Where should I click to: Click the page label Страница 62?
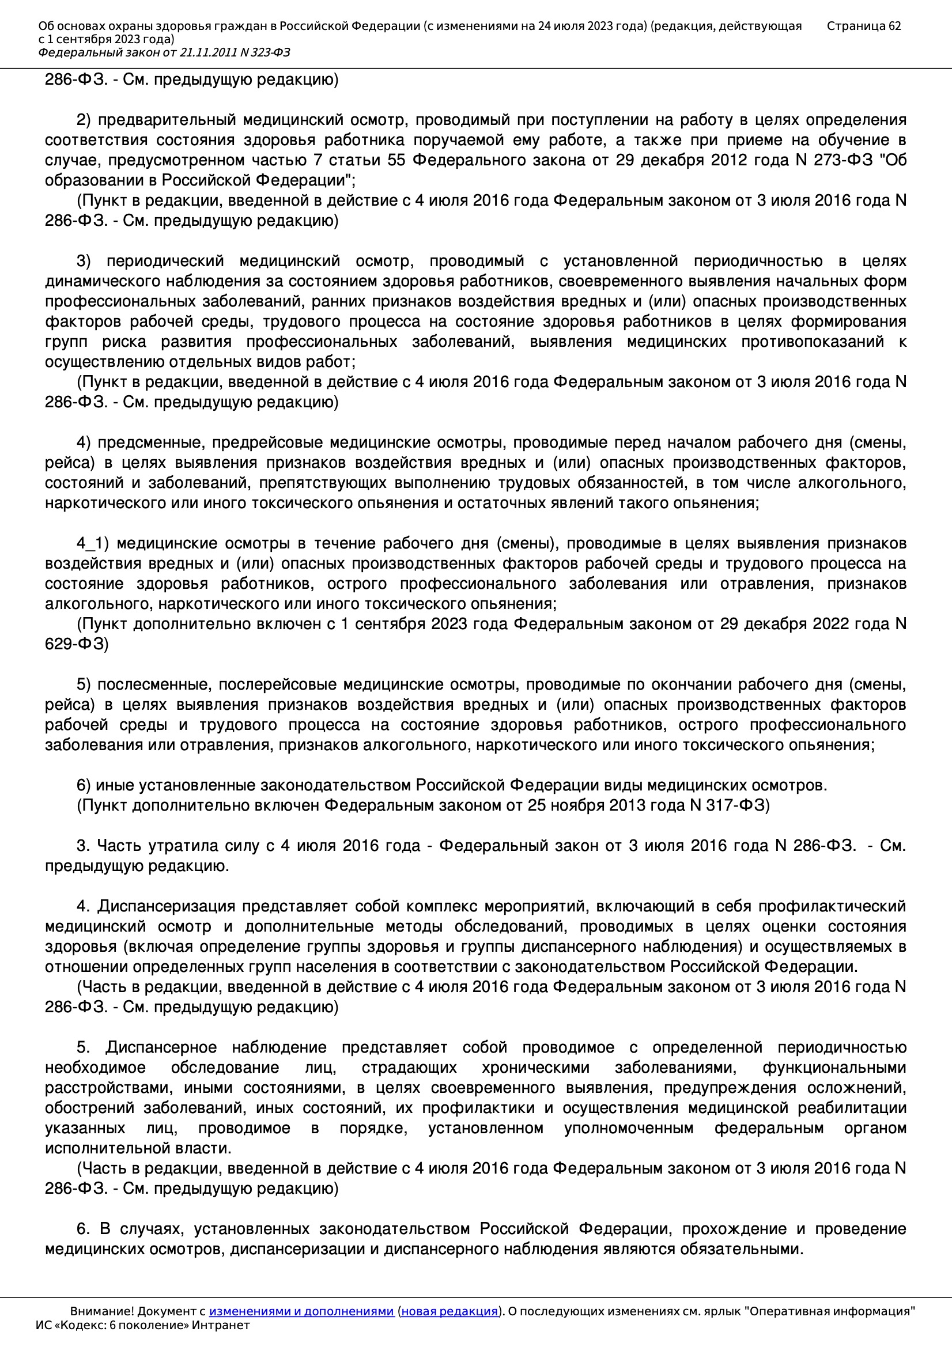pyautogui.click(x=863, y=26)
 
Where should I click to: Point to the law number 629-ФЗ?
pyautogui.click(x=76, y=644)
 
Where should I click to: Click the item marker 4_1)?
pyautogui.click(x=93, y=543)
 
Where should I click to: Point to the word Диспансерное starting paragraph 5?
pyautogui.click(x=161, y=1047)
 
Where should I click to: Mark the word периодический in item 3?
pyautogui.click(x=165, y=261)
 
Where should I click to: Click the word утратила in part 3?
pyautogui.click(x=183, y=846)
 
